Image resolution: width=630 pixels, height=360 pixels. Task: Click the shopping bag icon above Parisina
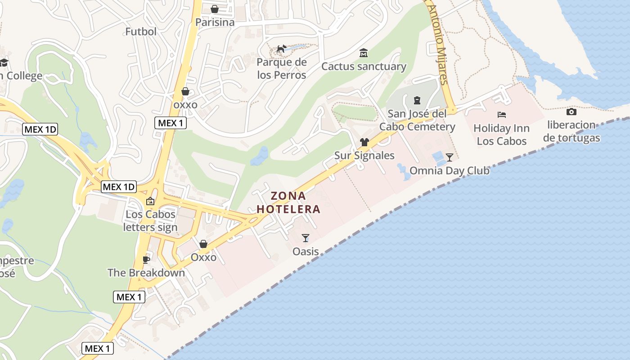[215, 9]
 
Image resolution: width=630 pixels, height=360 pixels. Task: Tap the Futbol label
[141, 31]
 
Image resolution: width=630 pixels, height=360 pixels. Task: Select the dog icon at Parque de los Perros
[282, 49]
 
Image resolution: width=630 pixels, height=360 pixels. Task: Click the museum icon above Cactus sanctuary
[363, 53]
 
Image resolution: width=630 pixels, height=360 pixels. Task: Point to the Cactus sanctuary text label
[364, 67]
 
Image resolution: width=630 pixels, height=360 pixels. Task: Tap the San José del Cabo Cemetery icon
[417, 100]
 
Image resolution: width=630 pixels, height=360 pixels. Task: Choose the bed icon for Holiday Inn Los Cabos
[502, 115]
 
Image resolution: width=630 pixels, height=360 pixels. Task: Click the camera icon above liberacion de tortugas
[571, 112]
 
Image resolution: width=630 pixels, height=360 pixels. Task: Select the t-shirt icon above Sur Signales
[364, 142]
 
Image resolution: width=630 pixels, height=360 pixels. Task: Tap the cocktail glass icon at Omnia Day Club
[449, 157]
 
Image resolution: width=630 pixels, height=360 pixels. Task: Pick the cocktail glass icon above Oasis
[306, 238]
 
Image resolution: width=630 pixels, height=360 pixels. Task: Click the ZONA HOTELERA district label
[288, 202]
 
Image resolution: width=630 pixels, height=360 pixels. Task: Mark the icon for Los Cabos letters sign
[150, 201]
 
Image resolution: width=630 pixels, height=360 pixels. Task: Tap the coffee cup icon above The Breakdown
[146, 259]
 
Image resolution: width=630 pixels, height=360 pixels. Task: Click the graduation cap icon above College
[4, 63]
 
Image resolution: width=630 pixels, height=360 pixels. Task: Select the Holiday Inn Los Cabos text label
[501, 135]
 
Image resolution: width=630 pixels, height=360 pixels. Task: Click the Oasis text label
[306, 251]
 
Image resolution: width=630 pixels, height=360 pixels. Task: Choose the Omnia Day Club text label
[450, 171]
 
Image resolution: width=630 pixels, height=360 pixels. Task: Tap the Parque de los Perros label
[282, 68]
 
